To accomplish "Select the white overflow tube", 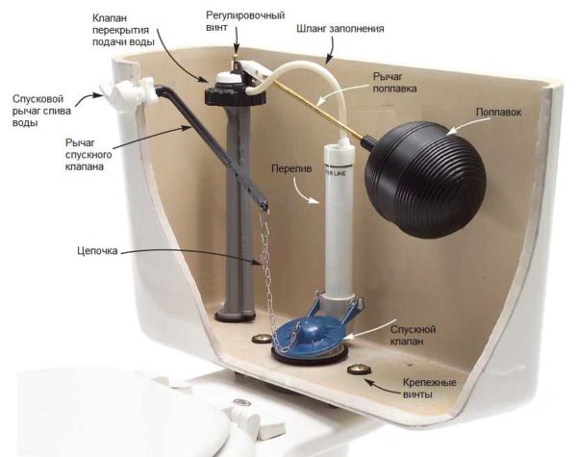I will [338, 221].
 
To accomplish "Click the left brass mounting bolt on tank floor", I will [258, 339].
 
